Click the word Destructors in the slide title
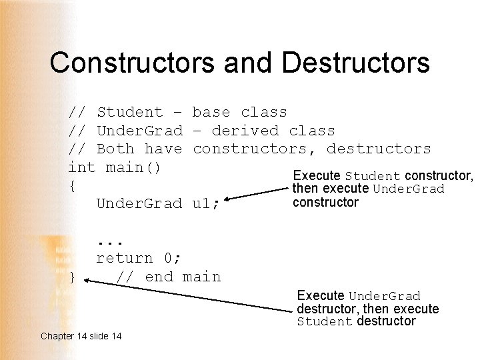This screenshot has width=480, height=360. point(356,63)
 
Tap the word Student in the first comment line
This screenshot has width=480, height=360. point(129,112)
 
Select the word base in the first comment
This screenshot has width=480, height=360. point(211,112)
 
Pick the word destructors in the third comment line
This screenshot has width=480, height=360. point(379,149)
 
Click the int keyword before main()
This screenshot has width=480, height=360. point(82,167)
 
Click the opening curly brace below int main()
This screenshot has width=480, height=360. point(72,186)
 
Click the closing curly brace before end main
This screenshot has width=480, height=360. point(72,277)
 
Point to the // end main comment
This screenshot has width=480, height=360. point(168,277)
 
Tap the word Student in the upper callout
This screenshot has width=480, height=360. point(373,177)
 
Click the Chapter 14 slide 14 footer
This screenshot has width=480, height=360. point(81,336)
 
